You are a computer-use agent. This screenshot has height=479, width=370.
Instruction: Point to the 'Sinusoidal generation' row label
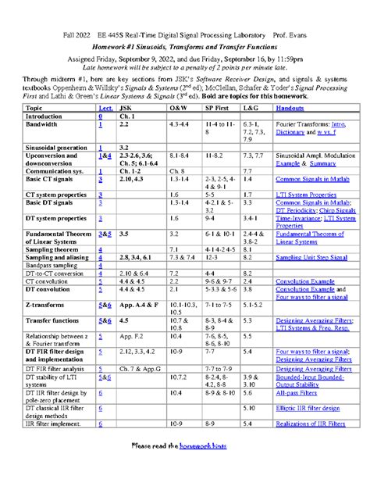click(x=56, y=146)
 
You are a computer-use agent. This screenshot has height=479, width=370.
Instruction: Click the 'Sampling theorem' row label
click(x=51, y=248)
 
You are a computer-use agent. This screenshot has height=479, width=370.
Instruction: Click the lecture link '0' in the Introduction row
click(x=101, y=116)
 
